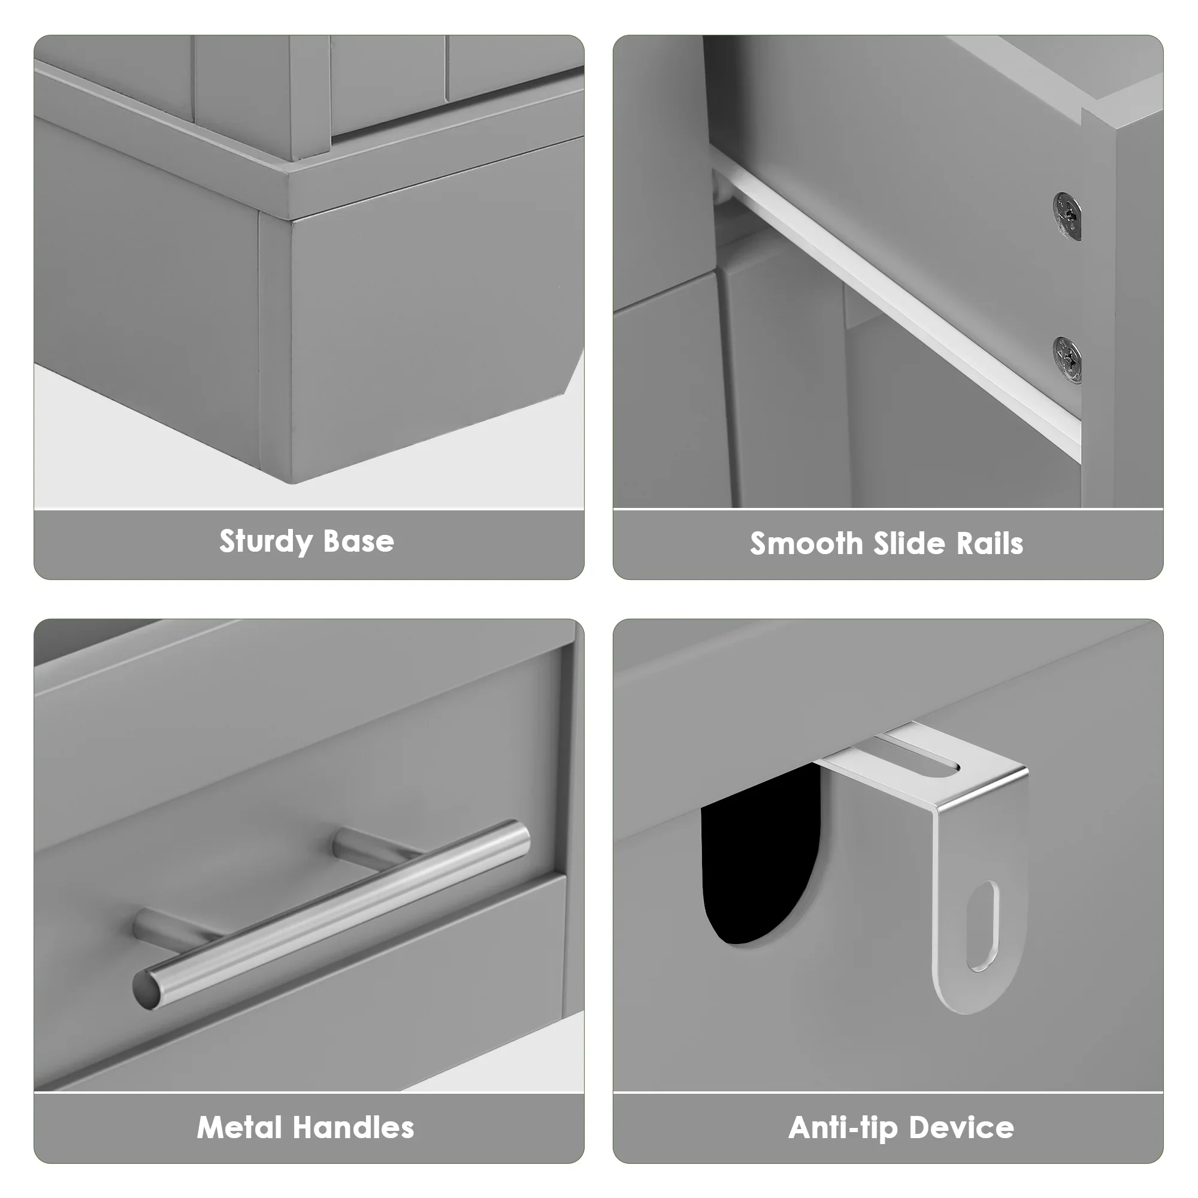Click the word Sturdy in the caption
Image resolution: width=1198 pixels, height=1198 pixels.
point(265,542)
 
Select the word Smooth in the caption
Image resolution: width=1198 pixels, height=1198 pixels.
point(806,544)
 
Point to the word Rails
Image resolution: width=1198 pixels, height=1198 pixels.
point(990,544)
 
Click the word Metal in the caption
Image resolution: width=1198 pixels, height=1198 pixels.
point(240,1127)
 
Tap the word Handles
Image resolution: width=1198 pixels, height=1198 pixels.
point(353,1127)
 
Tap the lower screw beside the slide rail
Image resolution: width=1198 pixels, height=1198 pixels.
point(1067,361)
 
